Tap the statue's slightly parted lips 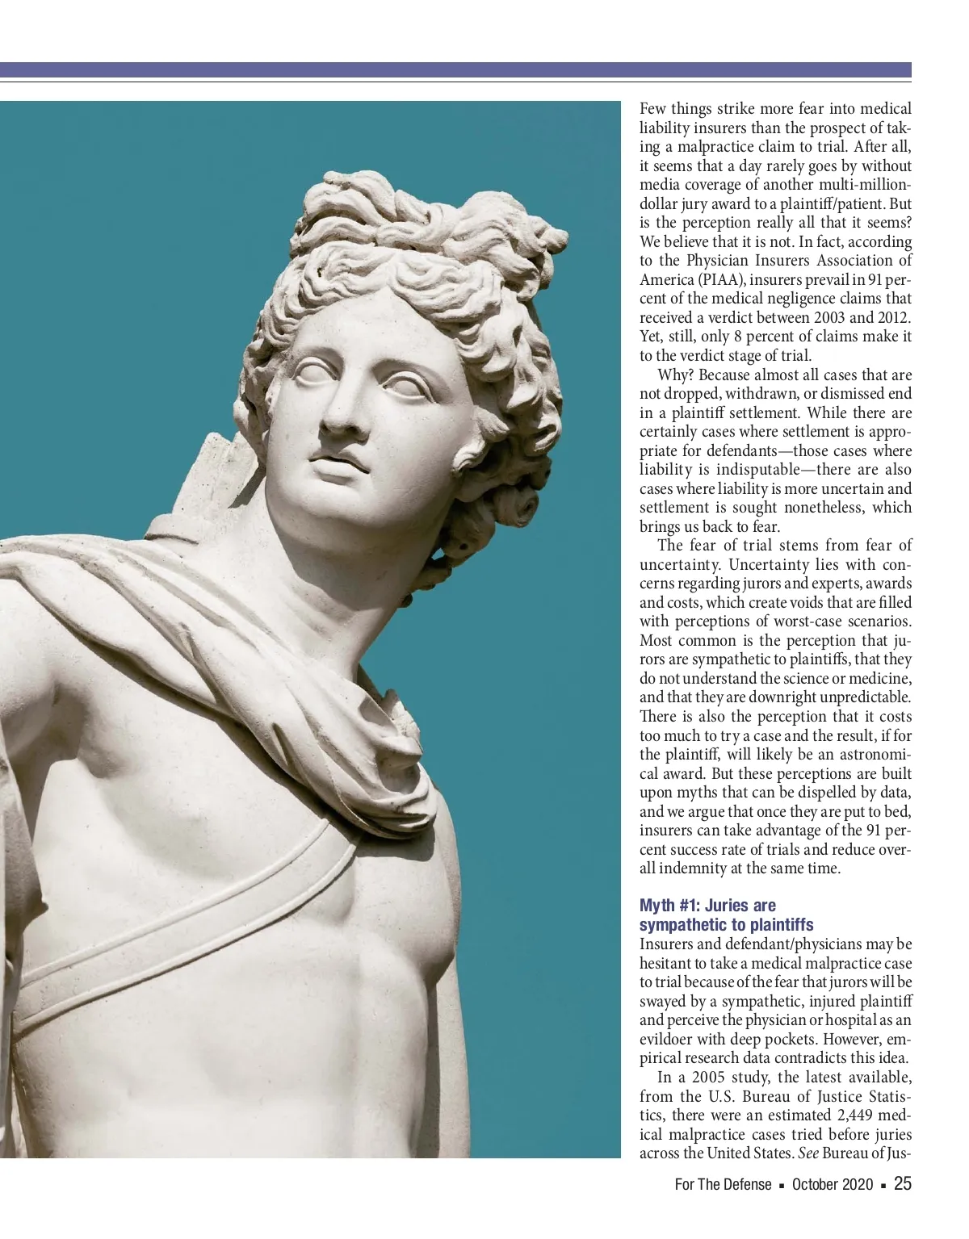point(336,466)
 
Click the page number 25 point(903,1184)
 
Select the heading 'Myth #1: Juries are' point(707,906)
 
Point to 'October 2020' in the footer point(833,1185)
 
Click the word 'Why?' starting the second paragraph point(675,375)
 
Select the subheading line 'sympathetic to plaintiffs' point(726,925)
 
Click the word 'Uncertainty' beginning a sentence point(738,564)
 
